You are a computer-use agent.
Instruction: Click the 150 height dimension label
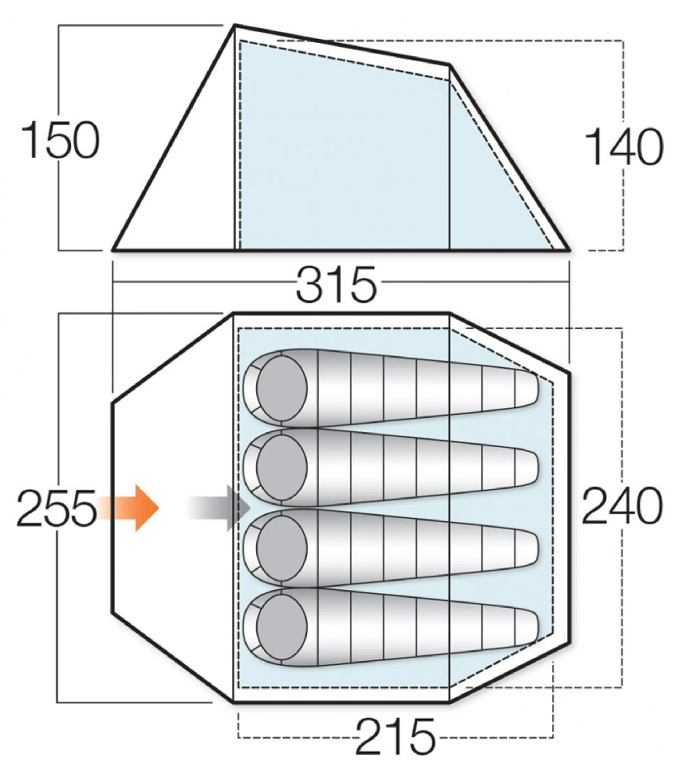point(60,140)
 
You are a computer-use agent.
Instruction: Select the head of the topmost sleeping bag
point(282,388)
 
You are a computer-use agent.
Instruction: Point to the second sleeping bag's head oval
point(282,468)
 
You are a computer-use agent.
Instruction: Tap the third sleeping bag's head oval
point(282,548)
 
